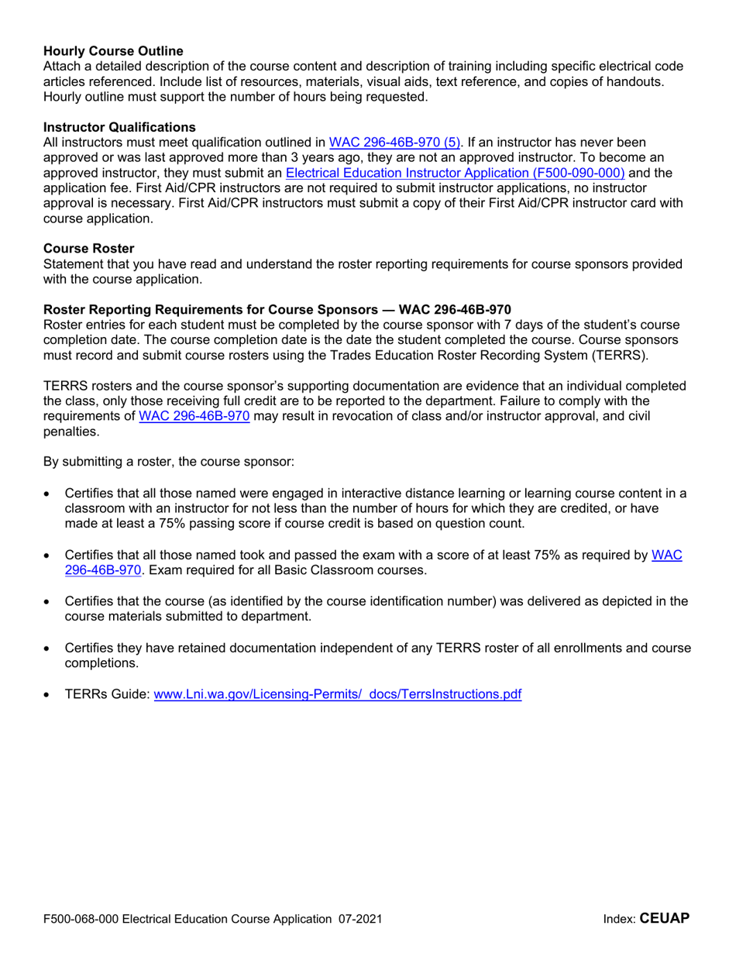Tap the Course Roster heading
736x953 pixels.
tap(89, 249)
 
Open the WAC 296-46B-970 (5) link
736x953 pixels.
tap(395, 142)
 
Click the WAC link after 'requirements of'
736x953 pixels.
tap(194, 415)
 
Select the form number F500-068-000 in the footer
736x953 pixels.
tap(81, 920)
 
